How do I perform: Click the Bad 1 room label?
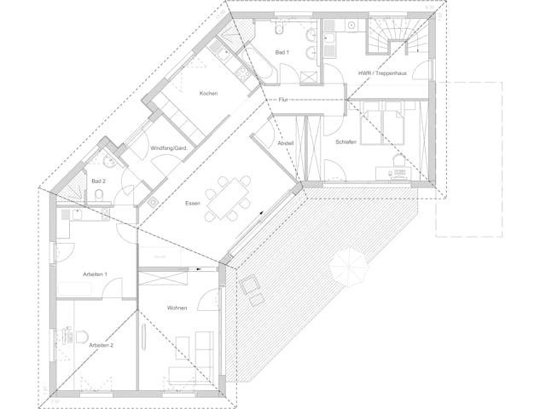(282, 53)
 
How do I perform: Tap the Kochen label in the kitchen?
(208, 93)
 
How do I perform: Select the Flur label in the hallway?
(283, 100)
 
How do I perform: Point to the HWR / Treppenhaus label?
(382, 73)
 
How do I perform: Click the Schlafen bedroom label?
(346, 142)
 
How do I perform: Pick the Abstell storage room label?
(286, 143)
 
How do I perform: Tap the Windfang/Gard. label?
(169, 148)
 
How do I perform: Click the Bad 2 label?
(99, 181)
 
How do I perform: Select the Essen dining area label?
(193, 203)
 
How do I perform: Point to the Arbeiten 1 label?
(95, 274)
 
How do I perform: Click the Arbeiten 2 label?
(101, 345)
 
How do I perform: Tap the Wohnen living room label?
(177, 308)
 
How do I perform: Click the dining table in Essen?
(228, 199)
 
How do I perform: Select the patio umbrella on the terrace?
(349, 267)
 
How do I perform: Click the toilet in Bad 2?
(99, 195)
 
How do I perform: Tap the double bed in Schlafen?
(383, 127)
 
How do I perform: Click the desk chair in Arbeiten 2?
(82, 337)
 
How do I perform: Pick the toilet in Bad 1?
(279, 29)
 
